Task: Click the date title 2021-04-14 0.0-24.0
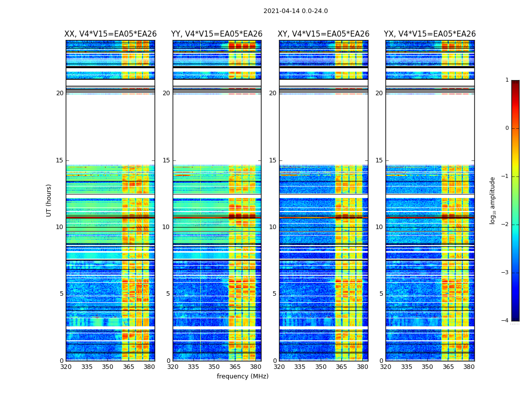point(296,11)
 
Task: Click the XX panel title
point(110,34)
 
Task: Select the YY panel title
point(217,34)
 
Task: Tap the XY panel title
point(323,34)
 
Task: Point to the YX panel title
point(430,34)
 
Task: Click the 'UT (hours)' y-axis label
point(49,200)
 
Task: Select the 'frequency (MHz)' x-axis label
point(242,376)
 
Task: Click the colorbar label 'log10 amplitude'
point(493,200)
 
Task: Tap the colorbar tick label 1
point(506,80)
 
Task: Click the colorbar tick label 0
point(506,128)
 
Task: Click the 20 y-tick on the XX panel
point(60,93)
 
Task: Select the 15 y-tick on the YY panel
point(166,160)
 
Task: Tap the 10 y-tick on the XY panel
point(273,227)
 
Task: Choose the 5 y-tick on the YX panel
point(381,294)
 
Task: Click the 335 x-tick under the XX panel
point(87,367)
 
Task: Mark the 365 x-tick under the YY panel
point(235,367)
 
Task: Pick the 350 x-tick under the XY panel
point(321,367)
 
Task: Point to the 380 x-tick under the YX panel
point(469,367)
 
